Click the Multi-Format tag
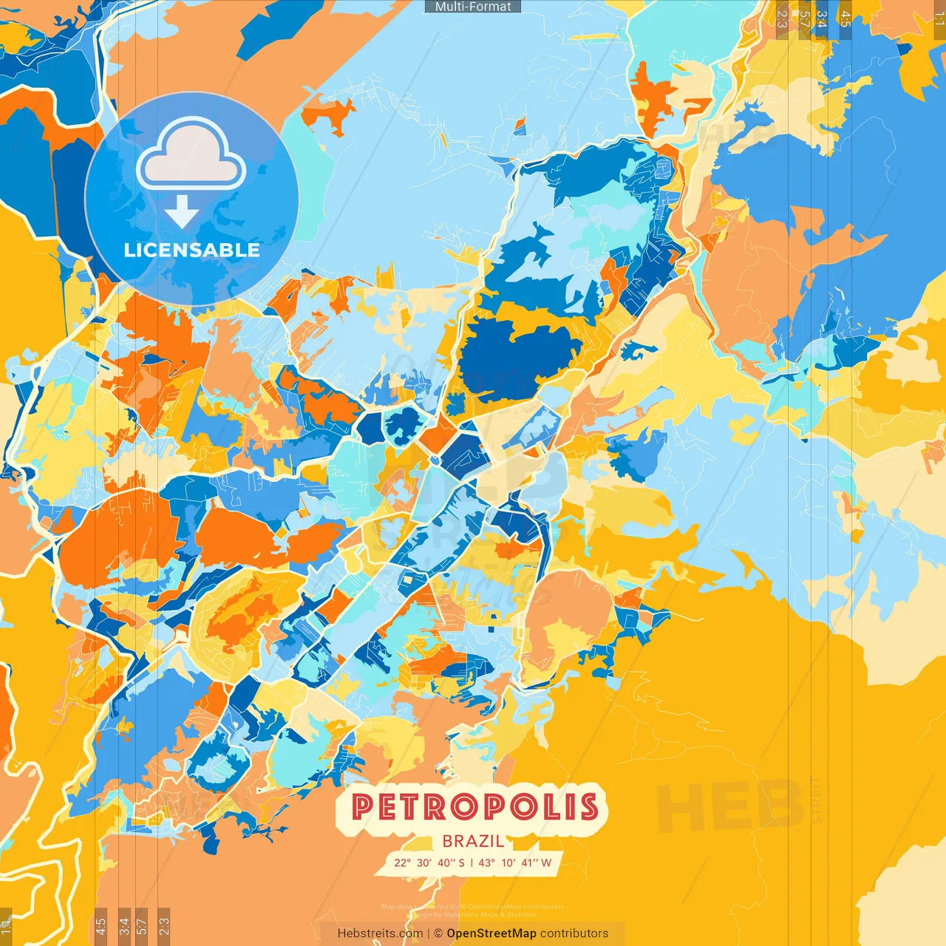pos(473,7)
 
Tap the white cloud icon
pos(191,156)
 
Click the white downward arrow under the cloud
pos(182,211)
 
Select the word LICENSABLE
pos(191,250)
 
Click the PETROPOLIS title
pos(474,807)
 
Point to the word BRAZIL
pos(474,841)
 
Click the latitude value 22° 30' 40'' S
pos(429,862)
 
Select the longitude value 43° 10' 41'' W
pos(515,862)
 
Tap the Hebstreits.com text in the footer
pos(380,933)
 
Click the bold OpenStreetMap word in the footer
pos(491,933)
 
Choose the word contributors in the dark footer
pos(574,933)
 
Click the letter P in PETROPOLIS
pos(362,807)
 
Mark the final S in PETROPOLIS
pos(588,807)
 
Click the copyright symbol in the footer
pos(438,933)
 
